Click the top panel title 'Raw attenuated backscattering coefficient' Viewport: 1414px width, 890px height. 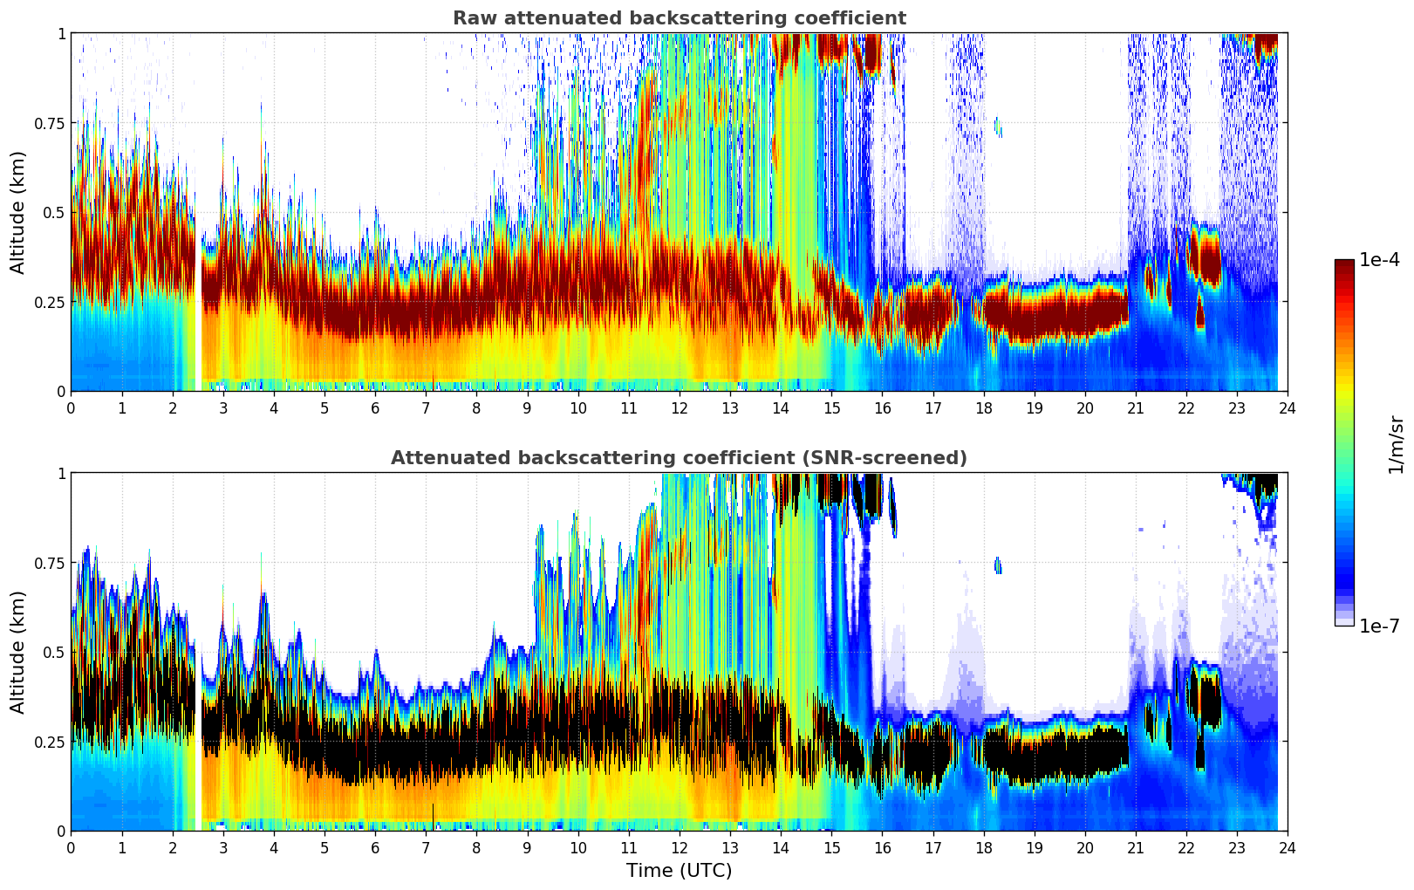coord(679,18)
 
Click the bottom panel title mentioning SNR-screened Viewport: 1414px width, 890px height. coord(679,458)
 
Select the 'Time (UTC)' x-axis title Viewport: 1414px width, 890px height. coord(679,871)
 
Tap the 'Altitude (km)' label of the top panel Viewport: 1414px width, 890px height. coord(18,212)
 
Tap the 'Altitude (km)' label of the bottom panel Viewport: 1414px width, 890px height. coord(18,652)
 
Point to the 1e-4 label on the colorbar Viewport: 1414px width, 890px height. coord(1379,260)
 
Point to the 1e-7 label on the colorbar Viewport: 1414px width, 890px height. coord(1379,626)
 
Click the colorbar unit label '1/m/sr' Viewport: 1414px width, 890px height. coord(1396,444)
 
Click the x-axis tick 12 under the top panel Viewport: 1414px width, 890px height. coord(680,407)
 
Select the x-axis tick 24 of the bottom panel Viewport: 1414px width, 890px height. coord(1288,847)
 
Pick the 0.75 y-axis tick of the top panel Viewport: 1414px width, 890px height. coord(49,123)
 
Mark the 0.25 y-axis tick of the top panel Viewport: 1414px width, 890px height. coord(49,302)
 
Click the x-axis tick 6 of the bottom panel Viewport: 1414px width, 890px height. coord(375,847)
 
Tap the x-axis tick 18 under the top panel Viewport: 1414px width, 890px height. coord(983,407)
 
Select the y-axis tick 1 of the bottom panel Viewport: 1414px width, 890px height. coord(61,473)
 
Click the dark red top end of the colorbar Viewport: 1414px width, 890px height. coord(1343,264)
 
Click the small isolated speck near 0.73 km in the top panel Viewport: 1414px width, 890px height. coord(998,128)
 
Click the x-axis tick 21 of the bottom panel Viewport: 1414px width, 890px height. coord(1135,847)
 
